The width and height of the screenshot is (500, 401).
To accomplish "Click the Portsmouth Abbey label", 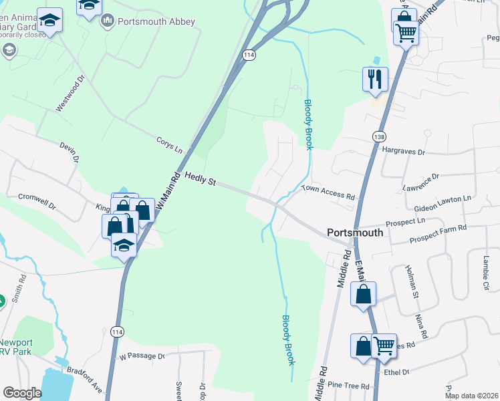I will pos(156,21).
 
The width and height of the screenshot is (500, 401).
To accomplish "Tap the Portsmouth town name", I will pos(355,233).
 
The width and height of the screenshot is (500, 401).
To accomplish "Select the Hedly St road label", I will pos(201,180).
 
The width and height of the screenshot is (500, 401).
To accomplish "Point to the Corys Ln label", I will pos(169,145).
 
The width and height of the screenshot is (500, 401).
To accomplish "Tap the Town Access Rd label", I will pos(328,193).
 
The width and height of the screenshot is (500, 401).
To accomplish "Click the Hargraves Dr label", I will pos(404,152).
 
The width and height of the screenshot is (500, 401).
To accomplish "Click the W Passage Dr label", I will pos(142,356).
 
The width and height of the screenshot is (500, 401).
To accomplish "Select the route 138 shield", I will pos(380,136).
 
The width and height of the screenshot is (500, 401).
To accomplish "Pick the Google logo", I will pos(22,393).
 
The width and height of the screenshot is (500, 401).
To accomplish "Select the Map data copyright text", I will pos(471,396).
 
